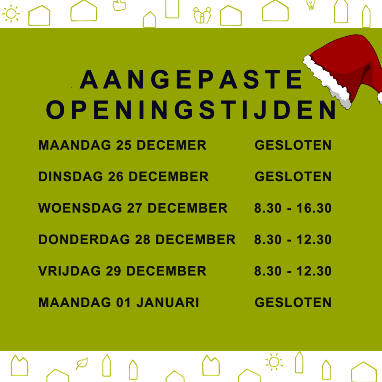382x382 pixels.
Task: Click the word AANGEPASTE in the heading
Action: [x=191, y=79]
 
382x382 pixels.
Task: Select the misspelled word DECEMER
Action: [x=171, y=145]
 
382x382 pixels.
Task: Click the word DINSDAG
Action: [x=71, y=176]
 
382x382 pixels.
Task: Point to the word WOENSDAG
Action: [x=80, y=208]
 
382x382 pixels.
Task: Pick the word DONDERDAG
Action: [x=84, y=240]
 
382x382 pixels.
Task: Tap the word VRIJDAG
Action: [x=70, y=271]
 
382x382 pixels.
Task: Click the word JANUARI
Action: [x=168, y=303]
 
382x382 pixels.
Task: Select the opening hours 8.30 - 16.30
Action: [x=293, y=208]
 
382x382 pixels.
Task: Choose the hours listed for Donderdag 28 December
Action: [x=293, y=240]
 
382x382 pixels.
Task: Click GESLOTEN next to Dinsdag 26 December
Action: [x=293, y=176]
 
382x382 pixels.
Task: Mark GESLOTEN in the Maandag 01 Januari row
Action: [x=293, y=303]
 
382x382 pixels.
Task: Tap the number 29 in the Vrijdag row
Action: [x=113, y=271]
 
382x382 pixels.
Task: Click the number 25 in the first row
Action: [x=124, y=145]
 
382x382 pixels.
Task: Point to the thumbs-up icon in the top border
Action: [x=119, y=5]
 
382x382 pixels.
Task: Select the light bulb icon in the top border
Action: [x=310, y=5]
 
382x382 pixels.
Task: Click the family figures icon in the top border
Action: [x=202, y=16]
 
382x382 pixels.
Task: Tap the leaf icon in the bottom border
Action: [x=82, y=364]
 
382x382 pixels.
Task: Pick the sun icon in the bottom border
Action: [x=274, y=362]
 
